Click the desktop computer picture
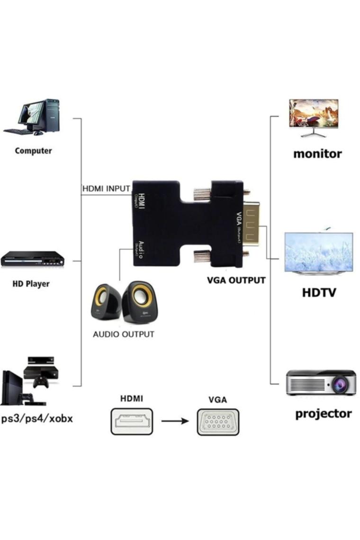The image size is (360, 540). tap(32, 117)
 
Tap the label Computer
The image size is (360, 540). tap(33, 151)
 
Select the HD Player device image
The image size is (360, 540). tap(32, 259)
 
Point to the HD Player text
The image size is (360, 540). tap(31, 284)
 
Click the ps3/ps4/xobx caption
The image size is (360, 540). tap(37, 419)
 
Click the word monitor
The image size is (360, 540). tap(317, 153)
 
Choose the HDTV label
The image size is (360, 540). tap(319, 292)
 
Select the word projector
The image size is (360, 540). tap(324, 414)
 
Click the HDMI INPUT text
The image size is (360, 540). tap(106, 188)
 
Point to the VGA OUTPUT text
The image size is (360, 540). tap(236, 280)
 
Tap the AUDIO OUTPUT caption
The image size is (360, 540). tap(123, 334)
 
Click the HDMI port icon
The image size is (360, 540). tap(132, 421)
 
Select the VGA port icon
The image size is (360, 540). tap(218, 422)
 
